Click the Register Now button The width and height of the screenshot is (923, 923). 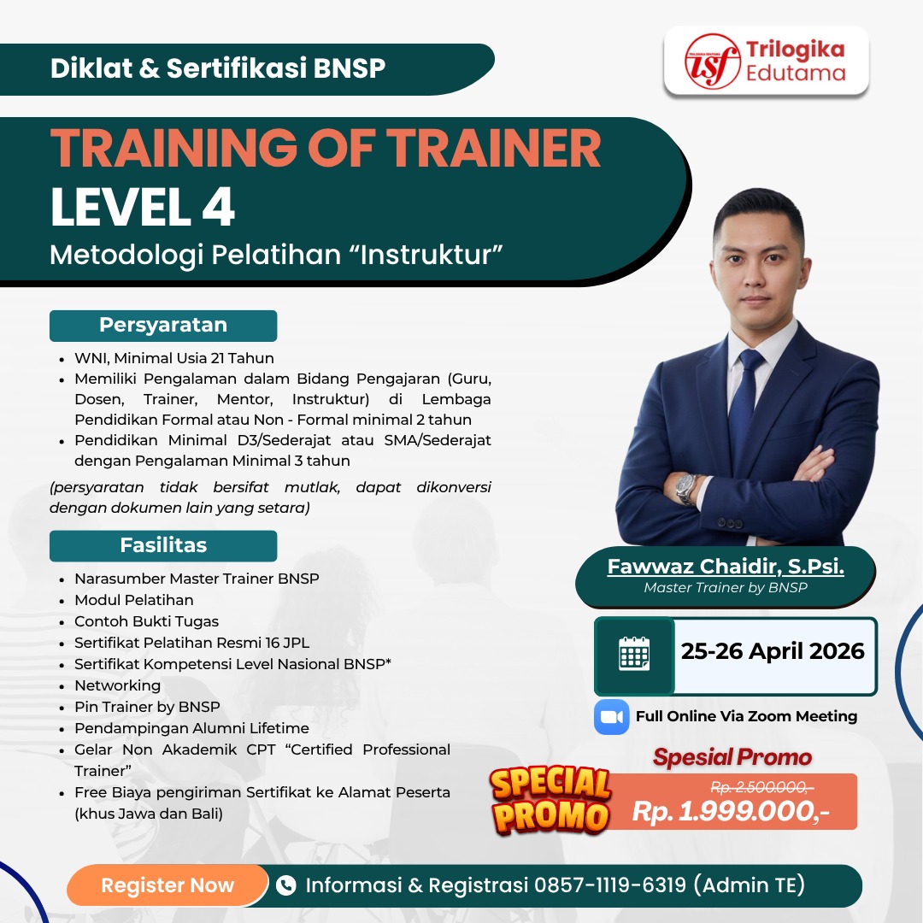[x=168, y=885]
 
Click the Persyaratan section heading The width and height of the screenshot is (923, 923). [x=163, y=325]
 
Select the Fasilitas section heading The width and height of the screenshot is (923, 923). [x=163, y=545]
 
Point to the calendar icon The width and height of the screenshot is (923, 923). [x=634, y=656]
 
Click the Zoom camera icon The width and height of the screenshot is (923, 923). [x=611, y=716]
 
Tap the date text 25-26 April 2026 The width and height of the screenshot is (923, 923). [x=773, y=651]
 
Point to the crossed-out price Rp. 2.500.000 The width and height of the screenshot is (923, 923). [x=762, y=787]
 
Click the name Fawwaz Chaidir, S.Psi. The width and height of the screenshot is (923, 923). [x=726, y=567]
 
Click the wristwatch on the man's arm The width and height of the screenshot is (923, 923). [x=686, y=489]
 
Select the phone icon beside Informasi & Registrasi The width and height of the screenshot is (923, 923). [x=286, y=885]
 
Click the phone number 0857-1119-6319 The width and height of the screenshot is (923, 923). [x=610, y=885]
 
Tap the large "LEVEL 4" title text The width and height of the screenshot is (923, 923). [x=143, y=208]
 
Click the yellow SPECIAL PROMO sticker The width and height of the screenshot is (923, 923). [x=551, y=800]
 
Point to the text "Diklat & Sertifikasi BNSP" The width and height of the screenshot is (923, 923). [x=218, y=68]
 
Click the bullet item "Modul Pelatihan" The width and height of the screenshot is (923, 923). [x=134, y=600]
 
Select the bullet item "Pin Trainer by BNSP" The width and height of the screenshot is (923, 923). [x=147, y=707]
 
